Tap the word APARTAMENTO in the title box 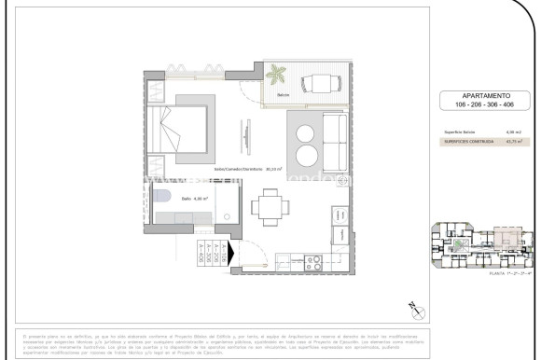[477, 95]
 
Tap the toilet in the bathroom [160, 197]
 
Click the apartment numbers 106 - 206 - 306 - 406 [477, 104]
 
